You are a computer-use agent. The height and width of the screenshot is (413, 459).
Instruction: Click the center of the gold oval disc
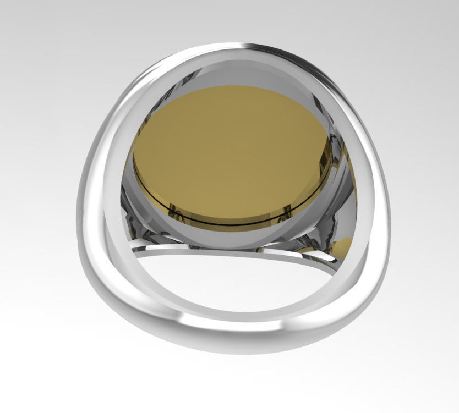(231, 151)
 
